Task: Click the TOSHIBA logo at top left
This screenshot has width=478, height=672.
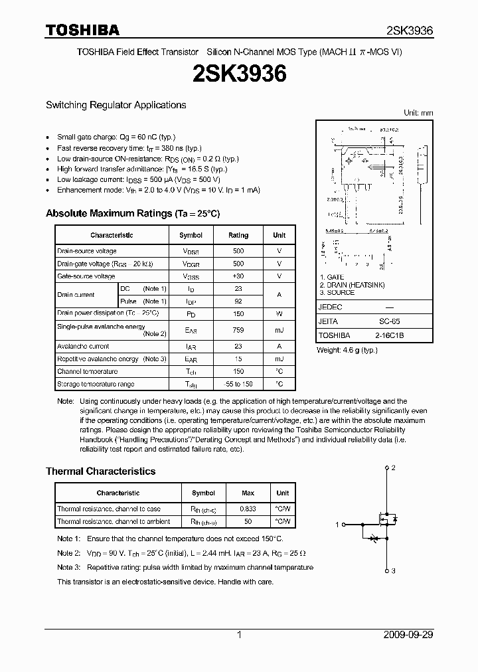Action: [82, 30]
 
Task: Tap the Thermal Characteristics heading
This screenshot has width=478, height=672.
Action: [100, 471]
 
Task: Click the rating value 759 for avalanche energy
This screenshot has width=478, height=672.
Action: [238, 330]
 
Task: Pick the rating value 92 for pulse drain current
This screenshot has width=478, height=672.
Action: [238, 301]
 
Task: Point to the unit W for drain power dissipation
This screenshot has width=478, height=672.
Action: [279, 313]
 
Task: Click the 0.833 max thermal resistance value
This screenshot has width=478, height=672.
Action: [248, 509]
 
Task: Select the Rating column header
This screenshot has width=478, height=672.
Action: [238, 235]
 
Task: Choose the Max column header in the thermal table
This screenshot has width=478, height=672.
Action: [248, 493]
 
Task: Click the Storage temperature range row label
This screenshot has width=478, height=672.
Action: [96, 384]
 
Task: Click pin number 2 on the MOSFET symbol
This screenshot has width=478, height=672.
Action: [394, 467]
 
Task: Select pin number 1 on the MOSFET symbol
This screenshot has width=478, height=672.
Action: [337, 525]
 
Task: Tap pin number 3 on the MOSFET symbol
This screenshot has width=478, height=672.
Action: [394, 571]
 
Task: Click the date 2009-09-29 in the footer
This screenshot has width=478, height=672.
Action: [408, 635]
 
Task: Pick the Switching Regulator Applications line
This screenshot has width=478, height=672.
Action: [116, 105]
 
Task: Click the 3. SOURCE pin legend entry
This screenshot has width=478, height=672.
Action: [337, 293]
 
